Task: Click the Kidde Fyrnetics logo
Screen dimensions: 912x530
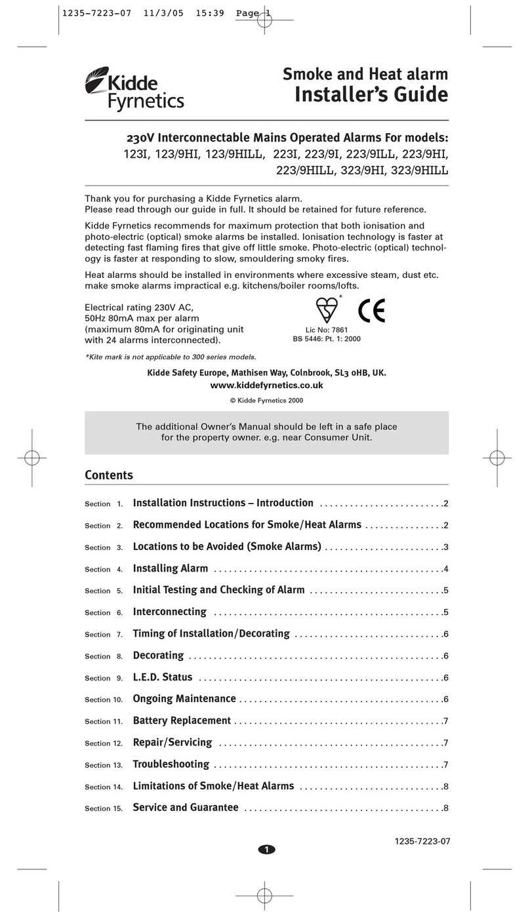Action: click(x=134, y=90)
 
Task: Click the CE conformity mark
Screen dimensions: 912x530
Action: click(x=371, y=311)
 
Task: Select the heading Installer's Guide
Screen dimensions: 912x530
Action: click(x=371, y=94)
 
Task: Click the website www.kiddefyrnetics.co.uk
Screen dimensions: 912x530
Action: click(x=266, y=385)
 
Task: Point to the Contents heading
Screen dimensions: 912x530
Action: click(x=109, y=475)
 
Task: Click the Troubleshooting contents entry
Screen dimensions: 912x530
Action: click(x=171, y=764)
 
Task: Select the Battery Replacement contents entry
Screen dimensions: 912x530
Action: click(x=182, y=721)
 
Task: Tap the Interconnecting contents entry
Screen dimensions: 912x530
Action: click(x=169, y=612)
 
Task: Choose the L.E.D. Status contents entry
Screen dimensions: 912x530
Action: click(x=163, y=677)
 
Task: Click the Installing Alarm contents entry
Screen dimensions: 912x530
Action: click(x=171, y=568)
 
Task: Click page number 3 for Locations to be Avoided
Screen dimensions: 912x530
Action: click(x=445, y=547)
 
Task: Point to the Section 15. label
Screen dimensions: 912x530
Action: click(x=104, y=809)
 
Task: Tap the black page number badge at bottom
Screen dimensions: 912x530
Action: click(x=266, y=850)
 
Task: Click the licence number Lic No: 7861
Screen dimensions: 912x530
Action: click(x=326, y=330)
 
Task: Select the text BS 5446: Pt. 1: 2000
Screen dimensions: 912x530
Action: click(x=326, y=339)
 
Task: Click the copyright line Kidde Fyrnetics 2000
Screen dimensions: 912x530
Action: click(x=266, y=400)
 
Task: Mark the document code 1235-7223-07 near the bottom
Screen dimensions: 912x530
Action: click(x=422, y=841)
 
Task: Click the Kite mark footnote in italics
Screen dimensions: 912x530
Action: click(x=171, y=357)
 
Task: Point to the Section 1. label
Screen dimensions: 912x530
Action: click(x=104, y=504)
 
